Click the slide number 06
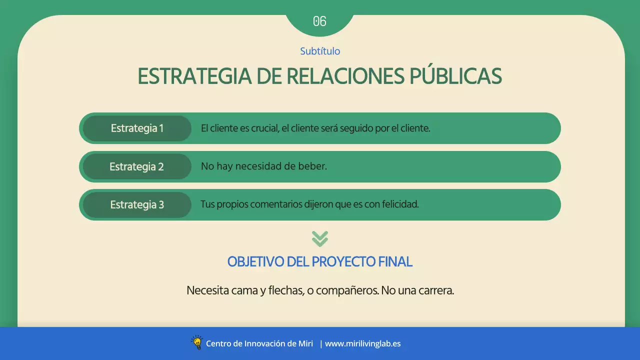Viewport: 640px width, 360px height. click(x=319, y=21)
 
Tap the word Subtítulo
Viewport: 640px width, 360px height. click(x=320, y=51)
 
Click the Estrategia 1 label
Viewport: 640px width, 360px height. click(x=137, y=128)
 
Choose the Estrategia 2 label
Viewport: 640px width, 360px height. click(x=136, y=166)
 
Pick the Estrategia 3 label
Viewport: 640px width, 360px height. click(x=137, y=204)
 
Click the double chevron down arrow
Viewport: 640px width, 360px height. click(x=320, y=238)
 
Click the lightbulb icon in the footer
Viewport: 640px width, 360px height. click(x=197, y=342)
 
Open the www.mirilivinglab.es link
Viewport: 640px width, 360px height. click(x=362, y=343)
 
